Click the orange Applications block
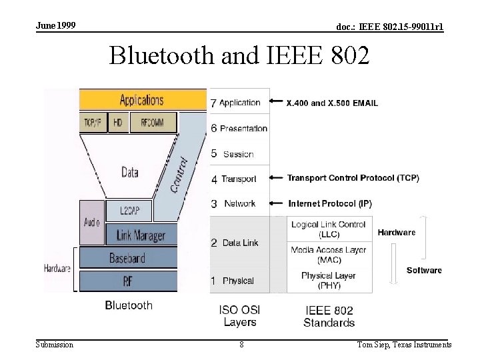[142, 100]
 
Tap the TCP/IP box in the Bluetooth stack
[92, 123]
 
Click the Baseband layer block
[127, 258]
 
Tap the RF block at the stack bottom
[127, 281]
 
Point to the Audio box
[92, 222]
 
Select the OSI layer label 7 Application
[235, 103]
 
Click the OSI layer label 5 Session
[233, 154]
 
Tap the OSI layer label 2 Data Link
[235, 243]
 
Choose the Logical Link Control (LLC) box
[329, 229]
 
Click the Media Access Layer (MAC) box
[329, 255]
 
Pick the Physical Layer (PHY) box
[329, 280]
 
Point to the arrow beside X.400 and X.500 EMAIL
[276, 103]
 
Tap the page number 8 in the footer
[241, 345]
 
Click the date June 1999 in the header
[56, 25]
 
